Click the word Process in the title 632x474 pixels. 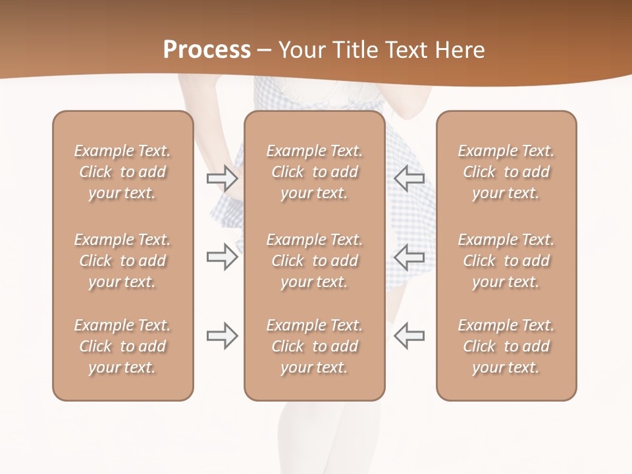point(207,49)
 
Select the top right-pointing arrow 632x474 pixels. point(222,178)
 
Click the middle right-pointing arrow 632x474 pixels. point(222,257)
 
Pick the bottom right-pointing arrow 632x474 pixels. point(222,336)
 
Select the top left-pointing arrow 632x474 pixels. point(409,178)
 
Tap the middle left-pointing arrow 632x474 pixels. point(409,257)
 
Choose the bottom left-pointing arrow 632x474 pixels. point(409,336)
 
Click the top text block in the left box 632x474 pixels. point(122,172)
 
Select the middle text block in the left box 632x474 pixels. point(122,261)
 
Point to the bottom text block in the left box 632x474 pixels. point(122,346)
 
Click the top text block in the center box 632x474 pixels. point(314,172)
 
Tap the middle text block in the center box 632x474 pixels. point(314,261)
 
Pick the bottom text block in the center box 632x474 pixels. point(314,346)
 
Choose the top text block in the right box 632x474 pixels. point(506,172)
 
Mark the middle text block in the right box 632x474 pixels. point(506,261)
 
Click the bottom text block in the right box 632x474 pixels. point(506,346)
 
